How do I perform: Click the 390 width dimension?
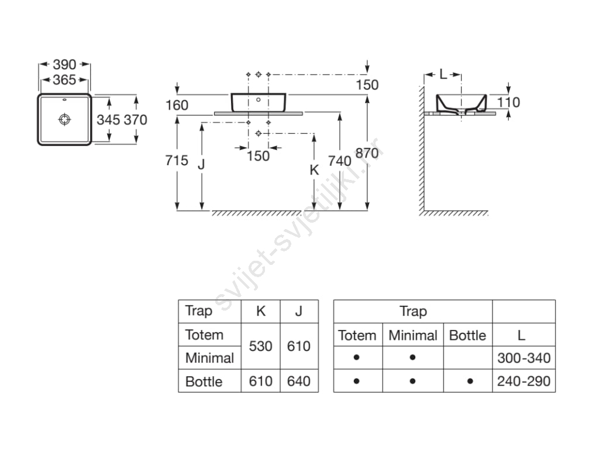pyautogui.click(x=64, y=64)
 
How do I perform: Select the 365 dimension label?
pyautogui.click(x=64, y=80)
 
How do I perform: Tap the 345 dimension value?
pyautogui.click(x=108, y=120)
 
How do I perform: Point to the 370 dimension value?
pyautogui.click(x=135, y=120)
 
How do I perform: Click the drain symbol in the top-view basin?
pyautogui.click(x=64, y=119)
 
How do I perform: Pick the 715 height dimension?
pyautogui.click(x=177, y=160)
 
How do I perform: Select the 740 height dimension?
pyautogui.click(x=340, y=160)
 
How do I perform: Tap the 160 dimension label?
pyautogui.click(x=177, y=105)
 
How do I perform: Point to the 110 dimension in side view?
pyautogui.click(x=508, y=103)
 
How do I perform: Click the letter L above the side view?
pyautogui.click(x=443, y=74)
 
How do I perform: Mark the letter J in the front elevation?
pyautogui.click(x=201, y=165)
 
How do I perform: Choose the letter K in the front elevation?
pyautogui.click(x=314, y=170)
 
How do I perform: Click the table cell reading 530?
pyautogui.click(x=260, y=346)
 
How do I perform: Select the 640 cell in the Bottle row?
pyautogui.click(x=298, y=381)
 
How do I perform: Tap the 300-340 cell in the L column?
pyautogui.click(x=524, y=357)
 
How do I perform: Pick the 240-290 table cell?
pyautogui.click(x=524, y=381)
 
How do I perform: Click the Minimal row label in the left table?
pyautogui.click(x=209, y=357)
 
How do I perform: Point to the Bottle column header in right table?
pyautogui.click(x=467, y=336)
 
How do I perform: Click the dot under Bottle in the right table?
pyautogui.click(x=470, y=381)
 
